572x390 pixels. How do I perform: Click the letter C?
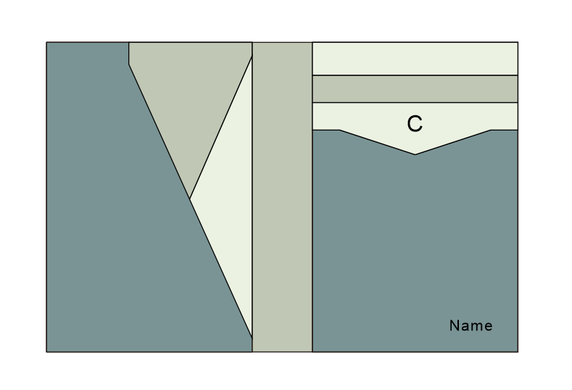(x=414, y=124)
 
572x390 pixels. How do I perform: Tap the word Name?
(x=471, y=326)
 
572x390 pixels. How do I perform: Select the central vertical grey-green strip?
(x=282, y=196)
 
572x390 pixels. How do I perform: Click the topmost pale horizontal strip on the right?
(x=415, y=59)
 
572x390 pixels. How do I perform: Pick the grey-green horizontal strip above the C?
(x=415, y=89)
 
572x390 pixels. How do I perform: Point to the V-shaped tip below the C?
(x=415, y=154)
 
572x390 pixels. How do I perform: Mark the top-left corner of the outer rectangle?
(x=46, y=42)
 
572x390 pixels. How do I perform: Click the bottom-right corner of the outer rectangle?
(x=518, y=352)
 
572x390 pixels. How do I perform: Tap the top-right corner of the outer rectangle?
(x=518, y=42)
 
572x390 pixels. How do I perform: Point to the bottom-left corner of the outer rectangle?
(x=46, y=352)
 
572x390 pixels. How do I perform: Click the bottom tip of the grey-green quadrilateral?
(x=190, y=199)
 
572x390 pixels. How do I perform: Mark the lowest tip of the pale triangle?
(x=252, y=338)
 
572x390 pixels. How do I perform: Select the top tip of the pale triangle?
(x=252, y=57)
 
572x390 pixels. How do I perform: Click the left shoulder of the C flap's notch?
(x=340, y=130)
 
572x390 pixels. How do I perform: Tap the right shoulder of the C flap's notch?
(x=491, y=130)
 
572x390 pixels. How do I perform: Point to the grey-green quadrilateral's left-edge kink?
(x=129, y=65)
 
